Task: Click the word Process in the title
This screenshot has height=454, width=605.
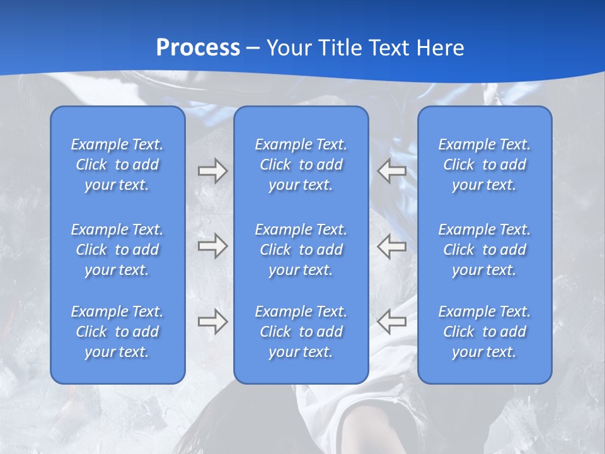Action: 198,48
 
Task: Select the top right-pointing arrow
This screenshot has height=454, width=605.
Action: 212,171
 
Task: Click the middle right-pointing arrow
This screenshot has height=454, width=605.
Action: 212,246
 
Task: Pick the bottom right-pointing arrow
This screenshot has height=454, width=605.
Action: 212,322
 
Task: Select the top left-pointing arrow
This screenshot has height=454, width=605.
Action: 391,171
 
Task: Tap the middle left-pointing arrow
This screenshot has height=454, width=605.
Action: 391,246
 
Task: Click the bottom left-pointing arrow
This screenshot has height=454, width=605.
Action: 391,322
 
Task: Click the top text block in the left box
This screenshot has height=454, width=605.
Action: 117,165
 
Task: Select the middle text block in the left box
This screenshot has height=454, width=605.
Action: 117,250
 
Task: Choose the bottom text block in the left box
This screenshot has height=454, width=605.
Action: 117,332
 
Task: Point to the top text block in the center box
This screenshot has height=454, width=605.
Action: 301,165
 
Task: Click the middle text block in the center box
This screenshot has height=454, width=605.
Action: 301,250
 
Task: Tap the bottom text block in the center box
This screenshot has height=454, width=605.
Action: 301,332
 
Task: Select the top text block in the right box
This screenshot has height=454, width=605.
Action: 485,165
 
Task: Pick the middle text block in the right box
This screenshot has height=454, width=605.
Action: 485,250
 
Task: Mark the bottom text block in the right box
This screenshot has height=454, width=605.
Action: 485,332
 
